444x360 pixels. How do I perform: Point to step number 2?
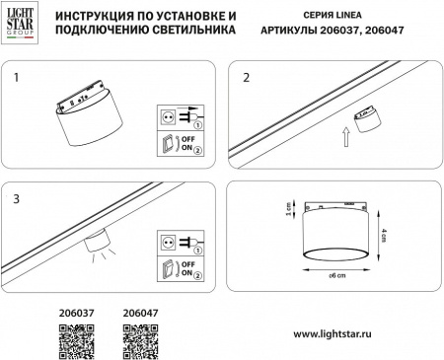tap(245, 75)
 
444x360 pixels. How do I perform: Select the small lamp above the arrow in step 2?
tap(367, 117)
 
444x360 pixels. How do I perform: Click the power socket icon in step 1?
tap(167, 116)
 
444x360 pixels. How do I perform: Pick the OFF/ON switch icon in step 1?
tap(167, 144)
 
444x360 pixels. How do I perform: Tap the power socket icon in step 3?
tap(167, 240)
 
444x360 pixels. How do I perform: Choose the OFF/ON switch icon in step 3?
tap(167, 266)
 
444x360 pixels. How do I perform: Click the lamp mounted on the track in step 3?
tap(97, 242)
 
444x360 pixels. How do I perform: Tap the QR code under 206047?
tap(138, 338)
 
